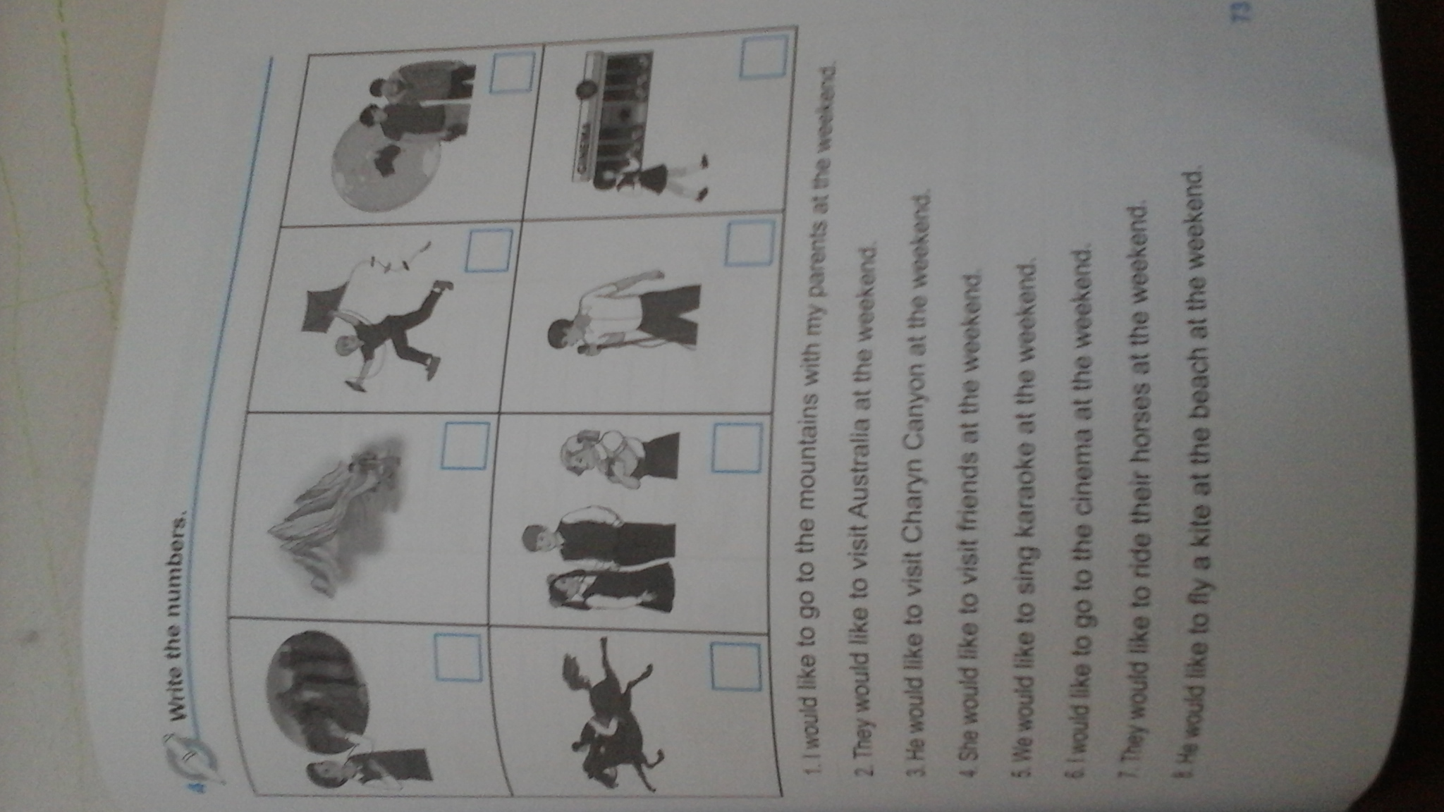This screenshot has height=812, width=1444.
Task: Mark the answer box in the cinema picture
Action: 764,57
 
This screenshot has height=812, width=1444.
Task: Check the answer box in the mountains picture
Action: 465,445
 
